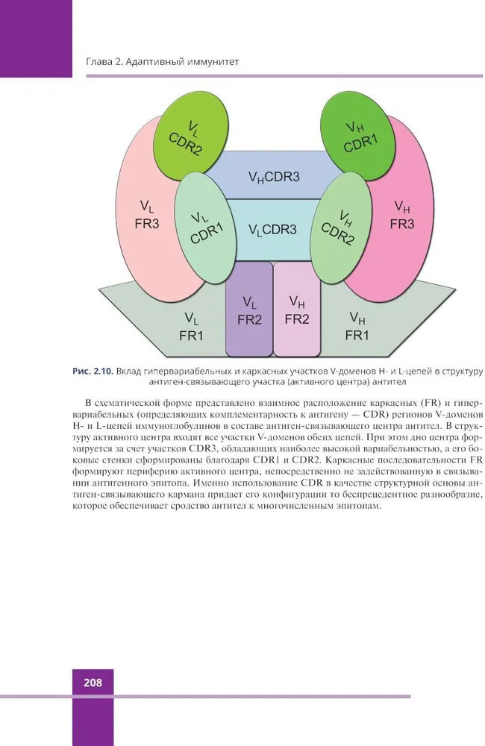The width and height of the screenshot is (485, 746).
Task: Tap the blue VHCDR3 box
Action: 273,175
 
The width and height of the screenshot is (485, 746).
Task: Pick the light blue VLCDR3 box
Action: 273,230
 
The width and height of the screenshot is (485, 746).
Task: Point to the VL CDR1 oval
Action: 205,229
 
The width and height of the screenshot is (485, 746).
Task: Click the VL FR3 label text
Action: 147,215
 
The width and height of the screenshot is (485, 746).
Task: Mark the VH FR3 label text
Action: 402,215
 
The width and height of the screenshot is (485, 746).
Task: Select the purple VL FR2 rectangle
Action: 249,308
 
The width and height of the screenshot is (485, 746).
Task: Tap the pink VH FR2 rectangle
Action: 297,308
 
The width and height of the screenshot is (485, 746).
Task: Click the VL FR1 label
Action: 191,327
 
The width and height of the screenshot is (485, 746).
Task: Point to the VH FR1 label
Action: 357,327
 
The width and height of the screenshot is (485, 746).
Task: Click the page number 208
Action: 93,683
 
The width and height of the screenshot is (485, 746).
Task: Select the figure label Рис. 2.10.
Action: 93,371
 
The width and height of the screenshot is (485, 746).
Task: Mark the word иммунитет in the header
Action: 216,62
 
